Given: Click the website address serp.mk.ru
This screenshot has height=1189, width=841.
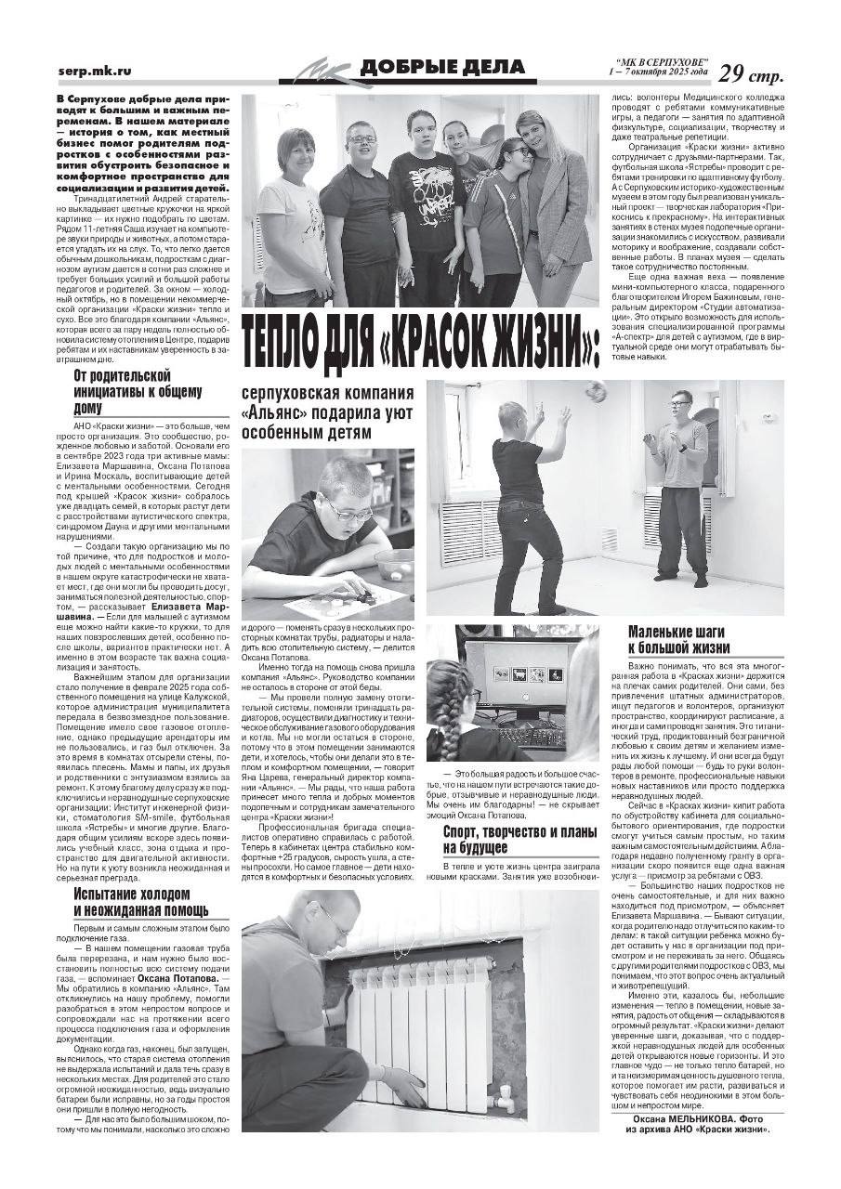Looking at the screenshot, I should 93,71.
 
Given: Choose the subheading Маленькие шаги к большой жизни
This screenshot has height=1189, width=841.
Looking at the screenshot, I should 679,640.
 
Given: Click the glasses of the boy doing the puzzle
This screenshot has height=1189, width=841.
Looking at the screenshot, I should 347,509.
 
